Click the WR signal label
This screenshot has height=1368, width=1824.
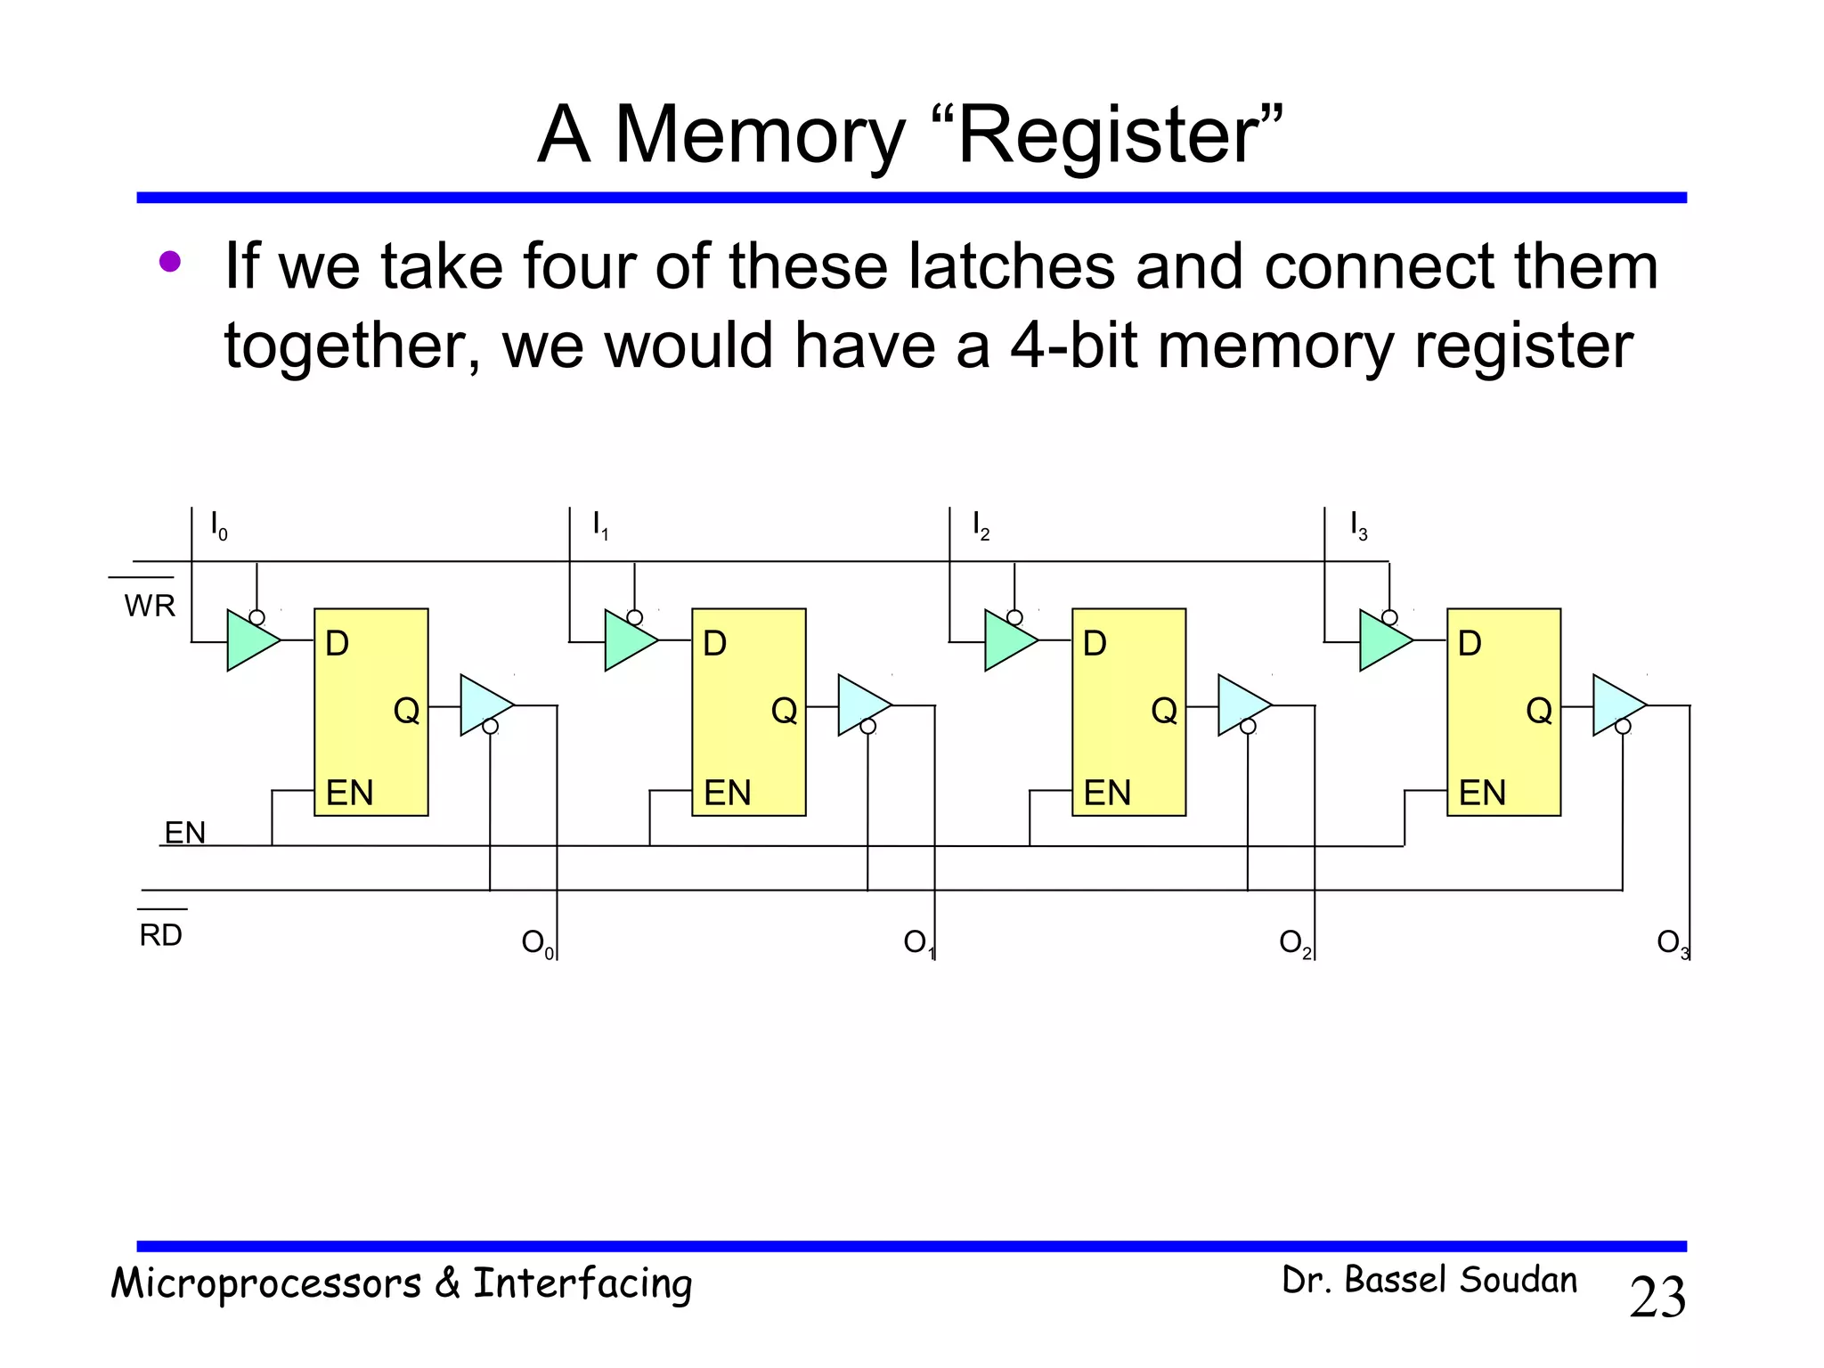tap(150, 606)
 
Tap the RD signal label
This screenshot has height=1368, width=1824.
tap(160, 935)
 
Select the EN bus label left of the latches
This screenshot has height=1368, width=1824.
tap(185, 833)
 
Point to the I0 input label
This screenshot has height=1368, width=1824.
tap(218, 525)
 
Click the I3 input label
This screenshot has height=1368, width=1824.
tap(1358, 525)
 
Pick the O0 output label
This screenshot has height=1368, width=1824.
tap(537, 943)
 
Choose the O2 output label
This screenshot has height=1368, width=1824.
tap(1295, 943)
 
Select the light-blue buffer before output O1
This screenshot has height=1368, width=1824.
tap(861, 705)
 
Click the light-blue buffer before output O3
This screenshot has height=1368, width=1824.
tap(1616, 705)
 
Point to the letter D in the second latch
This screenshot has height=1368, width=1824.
tap(714, 644)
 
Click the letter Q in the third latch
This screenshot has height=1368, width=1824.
tap(1164, 711)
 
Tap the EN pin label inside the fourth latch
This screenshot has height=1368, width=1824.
tap(1482, 793)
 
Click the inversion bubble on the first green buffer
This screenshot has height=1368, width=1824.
tap(256, 617)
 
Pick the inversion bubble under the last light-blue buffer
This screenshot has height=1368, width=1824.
tap(1623, 727)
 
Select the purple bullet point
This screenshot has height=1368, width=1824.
tap(169, 262)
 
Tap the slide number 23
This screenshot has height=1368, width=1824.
tap(1657, 1298)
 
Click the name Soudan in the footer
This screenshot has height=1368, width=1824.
tap(1519, 1280)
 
